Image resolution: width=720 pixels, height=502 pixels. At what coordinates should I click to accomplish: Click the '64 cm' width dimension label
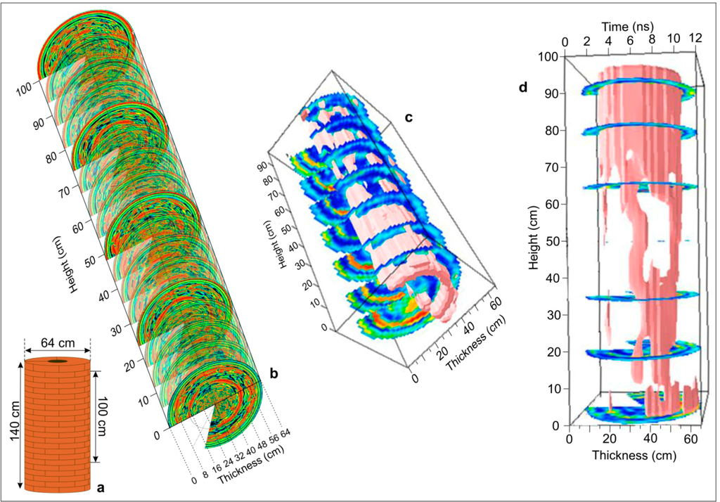pos(58,343)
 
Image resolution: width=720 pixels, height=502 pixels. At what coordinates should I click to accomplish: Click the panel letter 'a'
pos(100,487)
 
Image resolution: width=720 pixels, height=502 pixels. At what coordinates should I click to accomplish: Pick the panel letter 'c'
pos(409,117)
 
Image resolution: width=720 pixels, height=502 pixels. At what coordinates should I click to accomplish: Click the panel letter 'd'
pos(522,86)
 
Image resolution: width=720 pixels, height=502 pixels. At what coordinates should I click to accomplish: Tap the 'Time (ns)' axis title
pos(627,26)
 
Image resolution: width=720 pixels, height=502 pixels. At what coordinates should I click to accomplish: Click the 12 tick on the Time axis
pos(695,38)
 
